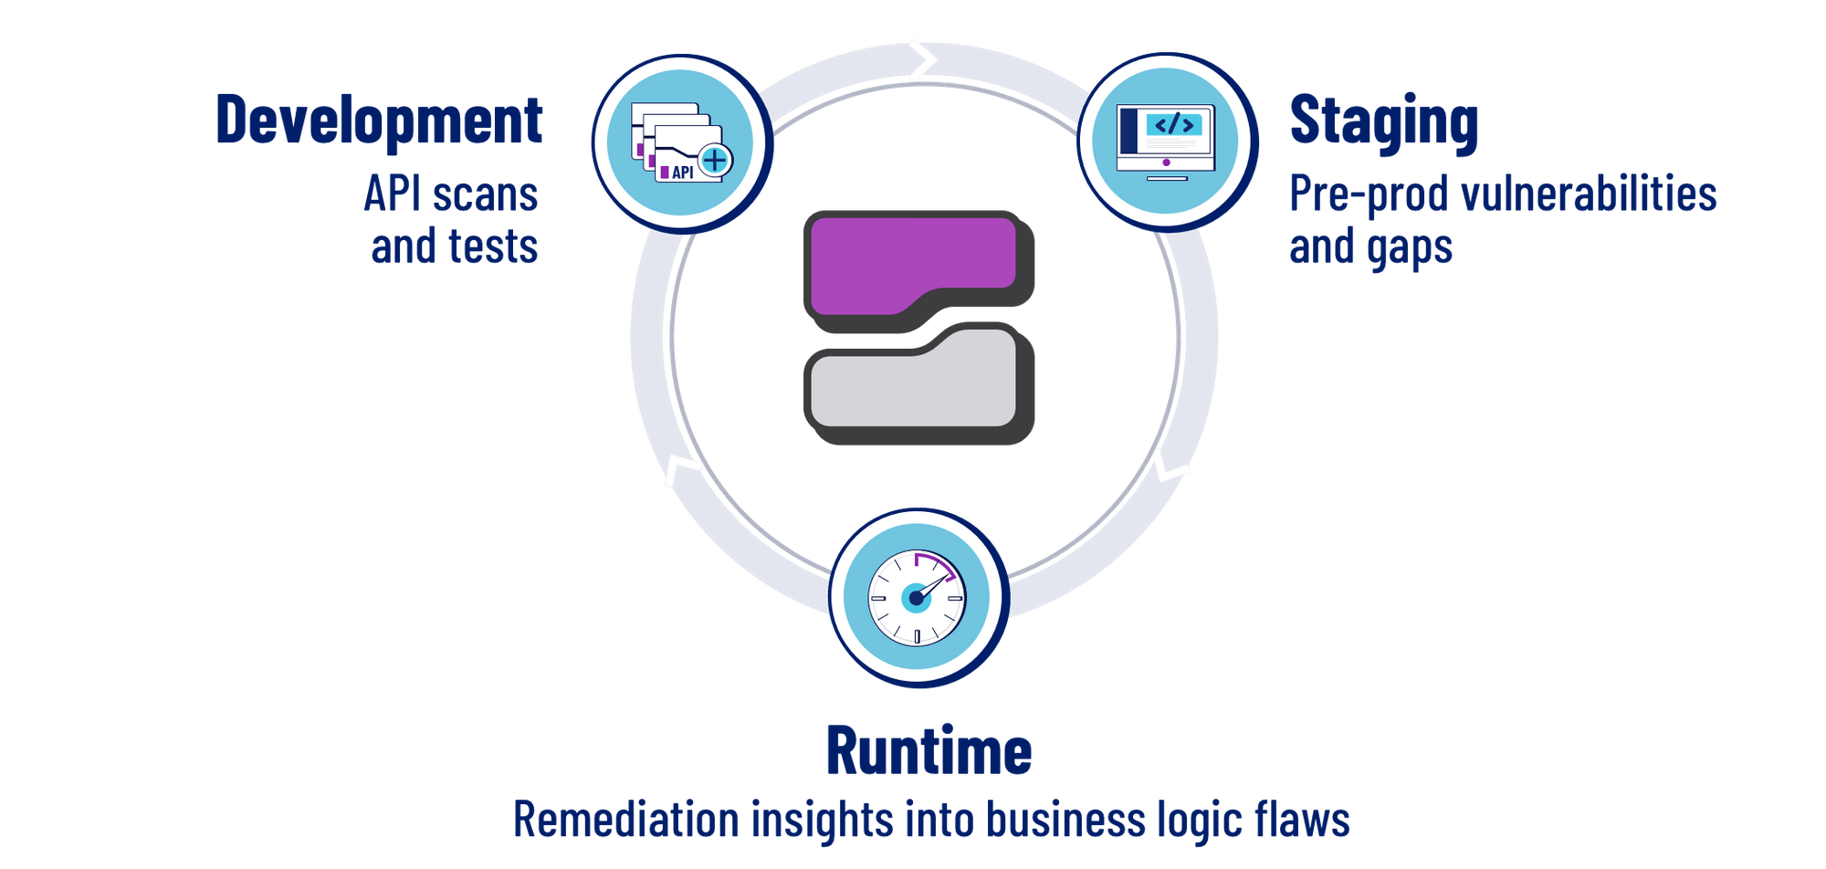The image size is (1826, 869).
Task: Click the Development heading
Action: (x=379, y=120)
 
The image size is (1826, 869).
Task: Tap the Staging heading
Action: (x=1382, y=121)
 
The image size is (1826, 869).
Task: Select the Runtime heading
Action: (x=929, y=750)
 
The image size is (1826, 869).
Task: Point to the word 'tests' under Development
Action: (x=493, y=246)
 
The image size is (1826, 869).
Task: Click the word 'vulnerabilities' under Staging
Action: (x=1589, y=194)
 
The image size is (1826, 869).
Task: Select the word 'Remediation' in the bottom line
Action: (x=626, y=819)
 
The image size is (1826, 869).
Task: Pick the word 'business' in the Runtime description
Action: (x=1065, y=819)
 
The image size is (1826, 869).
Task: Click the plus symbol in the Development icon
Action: (x=715, y=161)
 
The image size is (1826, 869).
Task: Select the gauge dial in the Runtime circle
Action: (x=916, y=598)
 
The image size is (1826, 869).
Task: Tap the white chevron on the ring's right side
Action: (x=1170, y=469)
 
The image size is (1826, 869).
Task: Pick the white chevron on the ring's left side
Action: (x=681, y=471)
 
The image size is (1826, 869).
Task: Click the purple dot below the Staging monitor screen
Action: (x=1166, y=162)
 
